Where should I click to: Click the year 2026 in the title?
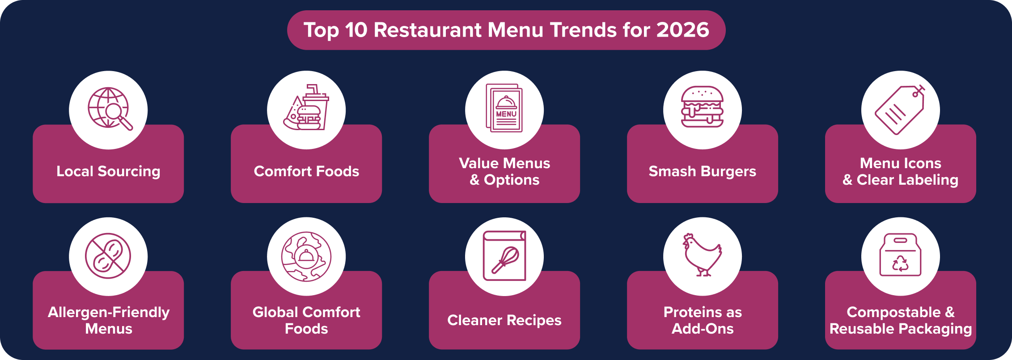click(x=682, y=30)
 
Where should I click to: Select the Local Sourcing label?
click(x=108, y=171)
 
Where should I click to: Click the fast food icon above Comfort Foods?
click(x=306, y=108)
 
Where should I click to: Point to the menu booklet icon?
click(x=504, y=108)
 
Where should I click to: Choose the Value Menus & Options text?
click(x=504, y=171)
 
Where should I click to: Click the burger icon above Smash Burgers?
click(x=702, y=107)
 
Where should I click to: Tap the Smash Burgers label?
click(x=702, y=171)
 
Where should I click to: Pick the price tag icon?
click(x=900, y=110)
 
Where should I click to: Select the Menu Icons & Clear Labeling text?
click(x=900, y=171)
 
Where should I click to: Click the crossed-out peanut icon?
click(x=108, y=256)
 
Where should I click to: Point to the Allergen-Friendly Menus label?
click(x=108, y=320)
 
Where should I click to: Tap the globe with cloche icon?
click(x=306, y=256)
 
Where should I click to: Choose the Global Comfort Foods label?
click(x=306, y=320)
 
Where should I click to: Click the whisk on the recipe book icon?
click(x=506, y=260)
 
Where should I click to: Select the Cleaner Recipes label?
click(x=504, y=320)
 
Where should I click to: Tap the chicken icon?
click(x=702, y=255)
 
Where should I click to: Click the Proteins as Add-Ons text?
click(x=703, y=320)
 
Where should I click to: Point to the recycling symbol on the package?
click(x=900, y=263)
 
